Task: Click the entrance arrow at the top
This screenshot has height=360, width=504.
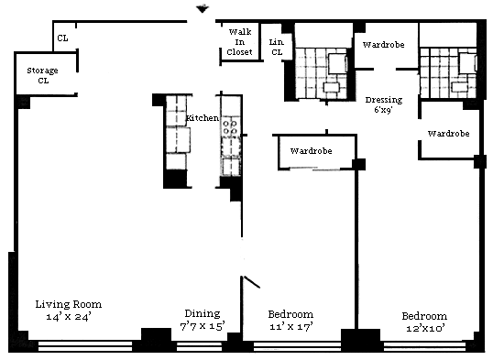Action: point(203,9)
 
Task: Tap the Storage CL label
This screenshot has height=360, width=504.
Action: point(43,75)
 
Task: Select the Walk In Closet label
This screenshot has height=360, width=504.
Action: point(240,42)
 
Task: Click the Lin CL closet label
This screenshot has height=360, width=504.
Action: point(277,47)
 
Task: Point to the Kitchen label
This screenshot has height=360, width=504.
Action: point(203,118)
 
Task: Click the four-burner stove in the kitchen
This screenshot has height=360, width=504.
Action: point(230,127)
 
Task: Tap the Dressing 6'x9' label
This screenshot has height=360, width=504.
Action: point(384,104)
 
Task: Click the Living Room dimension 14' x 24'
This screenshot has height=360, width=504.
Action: point(69,317)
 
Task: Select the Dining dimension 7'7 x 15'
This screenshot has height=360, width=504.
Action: point(203,326)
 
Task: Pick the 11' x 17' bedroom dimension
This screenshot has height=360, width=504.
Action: point(291,327)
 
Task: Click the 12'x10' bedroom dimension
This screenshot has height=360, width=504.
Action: point(425,328)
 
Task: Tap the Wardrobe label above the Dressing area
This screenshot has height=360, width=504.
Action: point(383,45)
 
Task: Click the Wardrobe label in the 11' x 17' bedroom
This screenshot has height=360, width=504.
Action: point(312,151)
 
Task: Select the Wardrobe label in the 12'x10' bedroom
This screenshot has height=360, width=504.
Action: point(448,134)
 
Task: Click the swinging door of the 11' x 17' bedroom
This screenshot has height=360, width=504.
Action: point(252,281)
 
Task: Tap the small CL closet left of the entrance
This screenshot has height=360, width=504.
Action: point(62,38)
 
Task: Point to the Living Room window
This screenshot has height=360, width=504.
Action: point(85,346)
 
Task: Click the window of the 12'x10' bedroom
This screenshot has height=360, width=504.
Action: point(424,346)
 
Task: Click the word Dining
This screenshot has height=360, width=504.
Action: point(203,313)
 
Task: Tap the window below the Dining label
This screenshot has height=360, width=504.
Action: point(199,346)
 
